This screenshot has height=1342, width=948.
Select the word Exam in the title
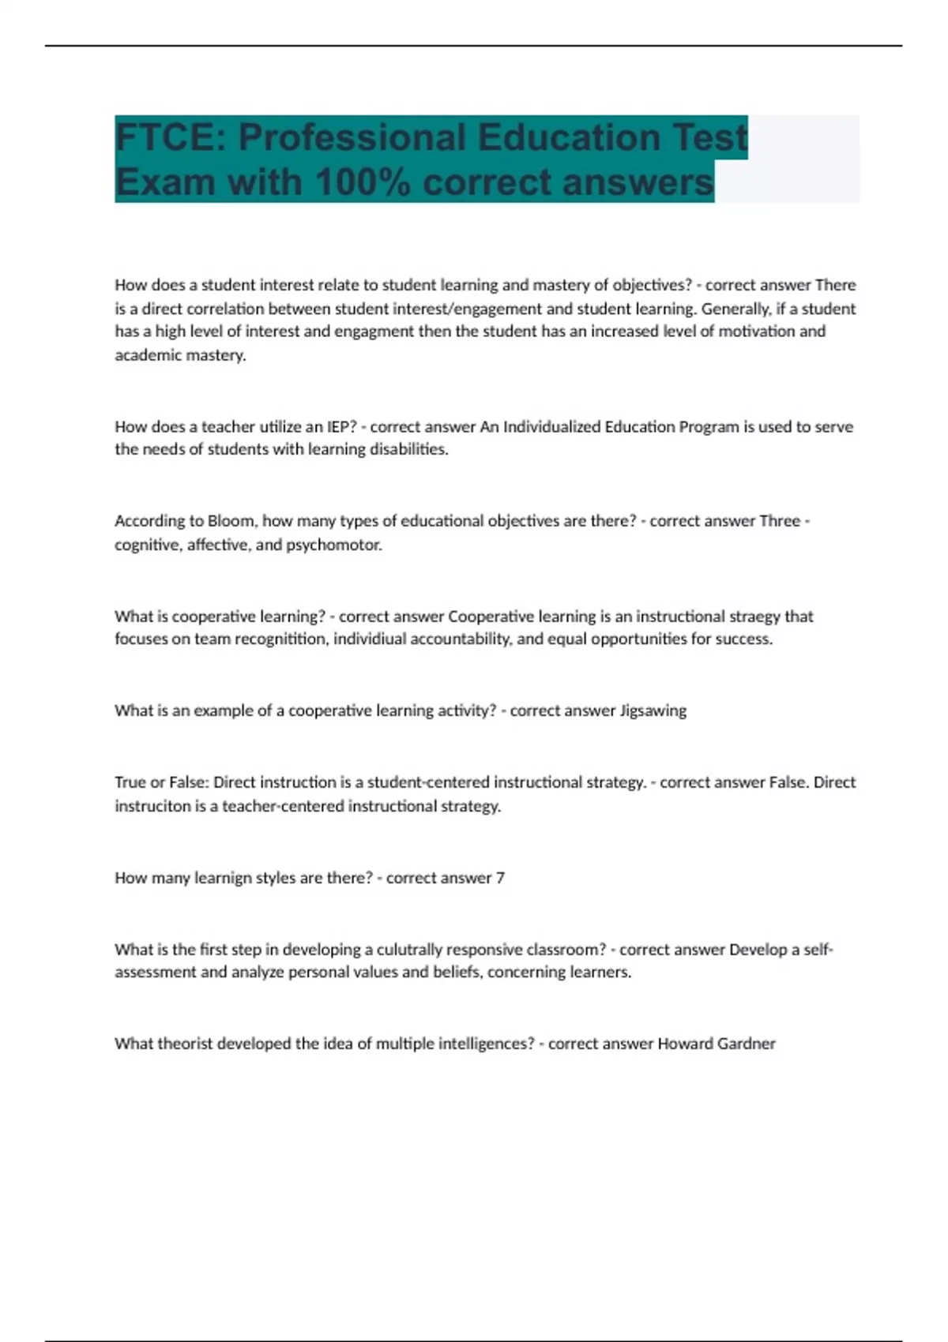tap(164, 182)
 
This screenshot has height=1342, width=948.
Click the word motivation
tap(756, 332)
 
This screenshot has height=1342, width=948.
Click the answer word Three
tap(779, 521)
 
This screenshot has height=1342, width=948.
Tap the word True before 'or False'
tap(130, 782)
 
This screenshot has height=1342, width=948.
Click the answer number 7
tap(500, 878)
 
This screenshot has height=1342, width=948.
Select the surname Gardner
tap(746, 1044)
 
